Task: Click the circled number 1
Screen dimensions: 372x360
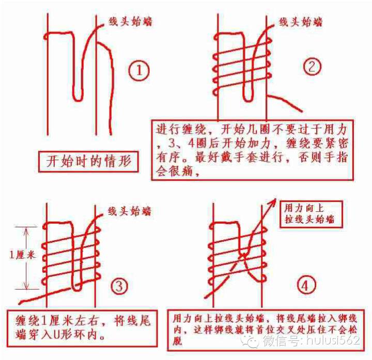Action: click(139, 70)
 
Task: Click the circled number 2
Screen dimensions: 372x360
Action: click(312, 67)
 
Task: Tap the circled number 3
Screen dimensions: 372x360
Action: click(119, 286)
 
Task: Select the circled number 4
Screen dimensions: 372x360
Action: click(306, 285)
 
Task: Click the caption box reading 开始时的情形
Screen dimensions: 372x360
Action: click(88, 161)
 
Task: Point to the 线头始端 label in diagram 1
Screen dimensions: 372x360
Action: click(130, 22)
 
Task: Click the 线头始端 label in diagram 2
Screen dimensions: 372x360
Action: click(301, 22)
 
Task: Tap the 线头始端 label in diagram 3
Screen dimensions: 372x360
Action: click(130, 211)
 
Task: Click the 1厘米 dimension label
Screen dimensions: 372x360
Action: click(22, 256)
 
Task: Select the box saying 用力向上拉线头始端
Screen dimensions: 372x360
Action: click(311, 214)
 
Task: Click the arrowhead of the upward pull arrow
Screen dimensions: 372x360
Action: click(273, 201)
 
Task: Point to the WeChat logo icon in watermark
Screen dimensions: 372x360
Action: click(250, 340)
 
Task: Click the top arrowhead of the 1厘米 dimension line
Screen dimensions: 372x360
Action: click(26, 229)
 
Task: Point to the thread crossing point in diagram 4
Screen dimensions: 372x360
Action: click(244, 256)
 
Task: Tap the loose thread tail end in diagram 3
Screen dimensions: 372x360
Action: click(20, 303)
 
